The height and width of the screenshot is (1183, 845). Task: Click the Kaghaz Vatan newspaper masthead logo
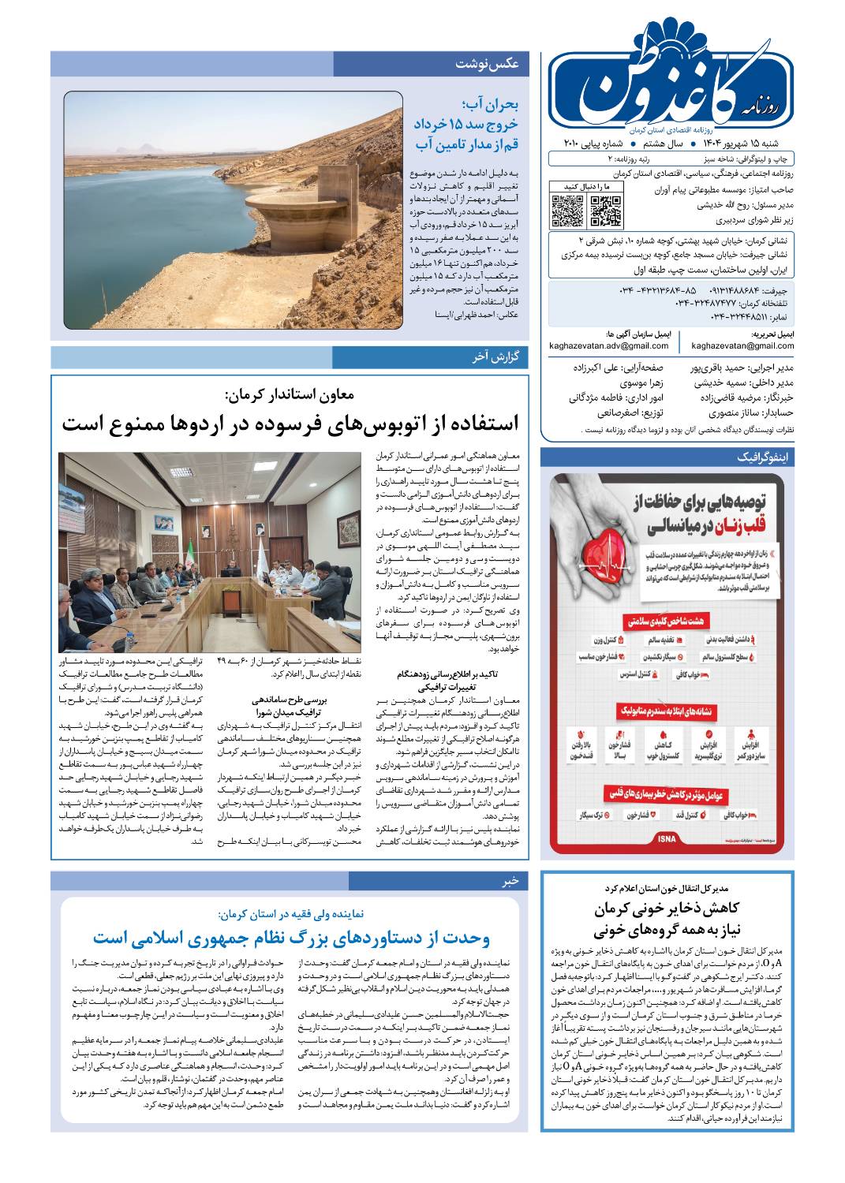671,84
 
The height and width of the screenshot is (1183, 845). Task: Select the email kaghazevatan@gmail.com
742,345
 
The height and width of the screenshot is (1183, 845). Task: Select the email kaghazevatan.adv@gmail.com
609,345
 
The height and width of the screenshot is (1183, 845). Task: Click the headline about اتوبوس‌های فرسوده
290,423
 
